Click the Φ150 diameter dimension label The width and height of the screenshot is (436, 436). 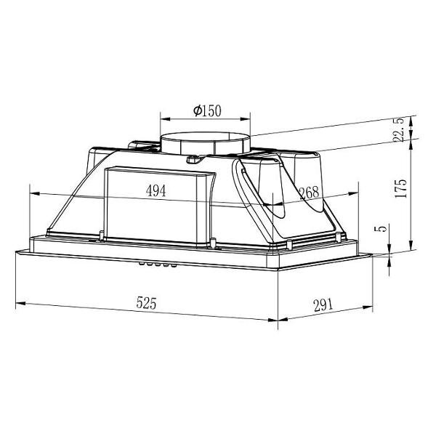point(207,110)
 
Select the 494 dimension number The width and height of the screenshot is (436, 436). point(156,190)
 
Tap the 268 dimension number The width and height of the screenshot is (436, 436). point(309,192)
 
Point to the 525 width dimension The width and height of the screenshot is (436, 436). point(146,303)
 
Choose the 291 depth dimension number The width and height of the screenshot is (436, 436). point(323,305)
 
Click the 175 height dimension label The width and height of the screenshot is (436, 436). point(400,188)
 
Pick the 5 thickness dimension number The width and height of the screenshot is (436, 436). point(382,228)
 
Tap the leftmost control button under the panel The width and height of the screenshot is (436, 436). point(142,263)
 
